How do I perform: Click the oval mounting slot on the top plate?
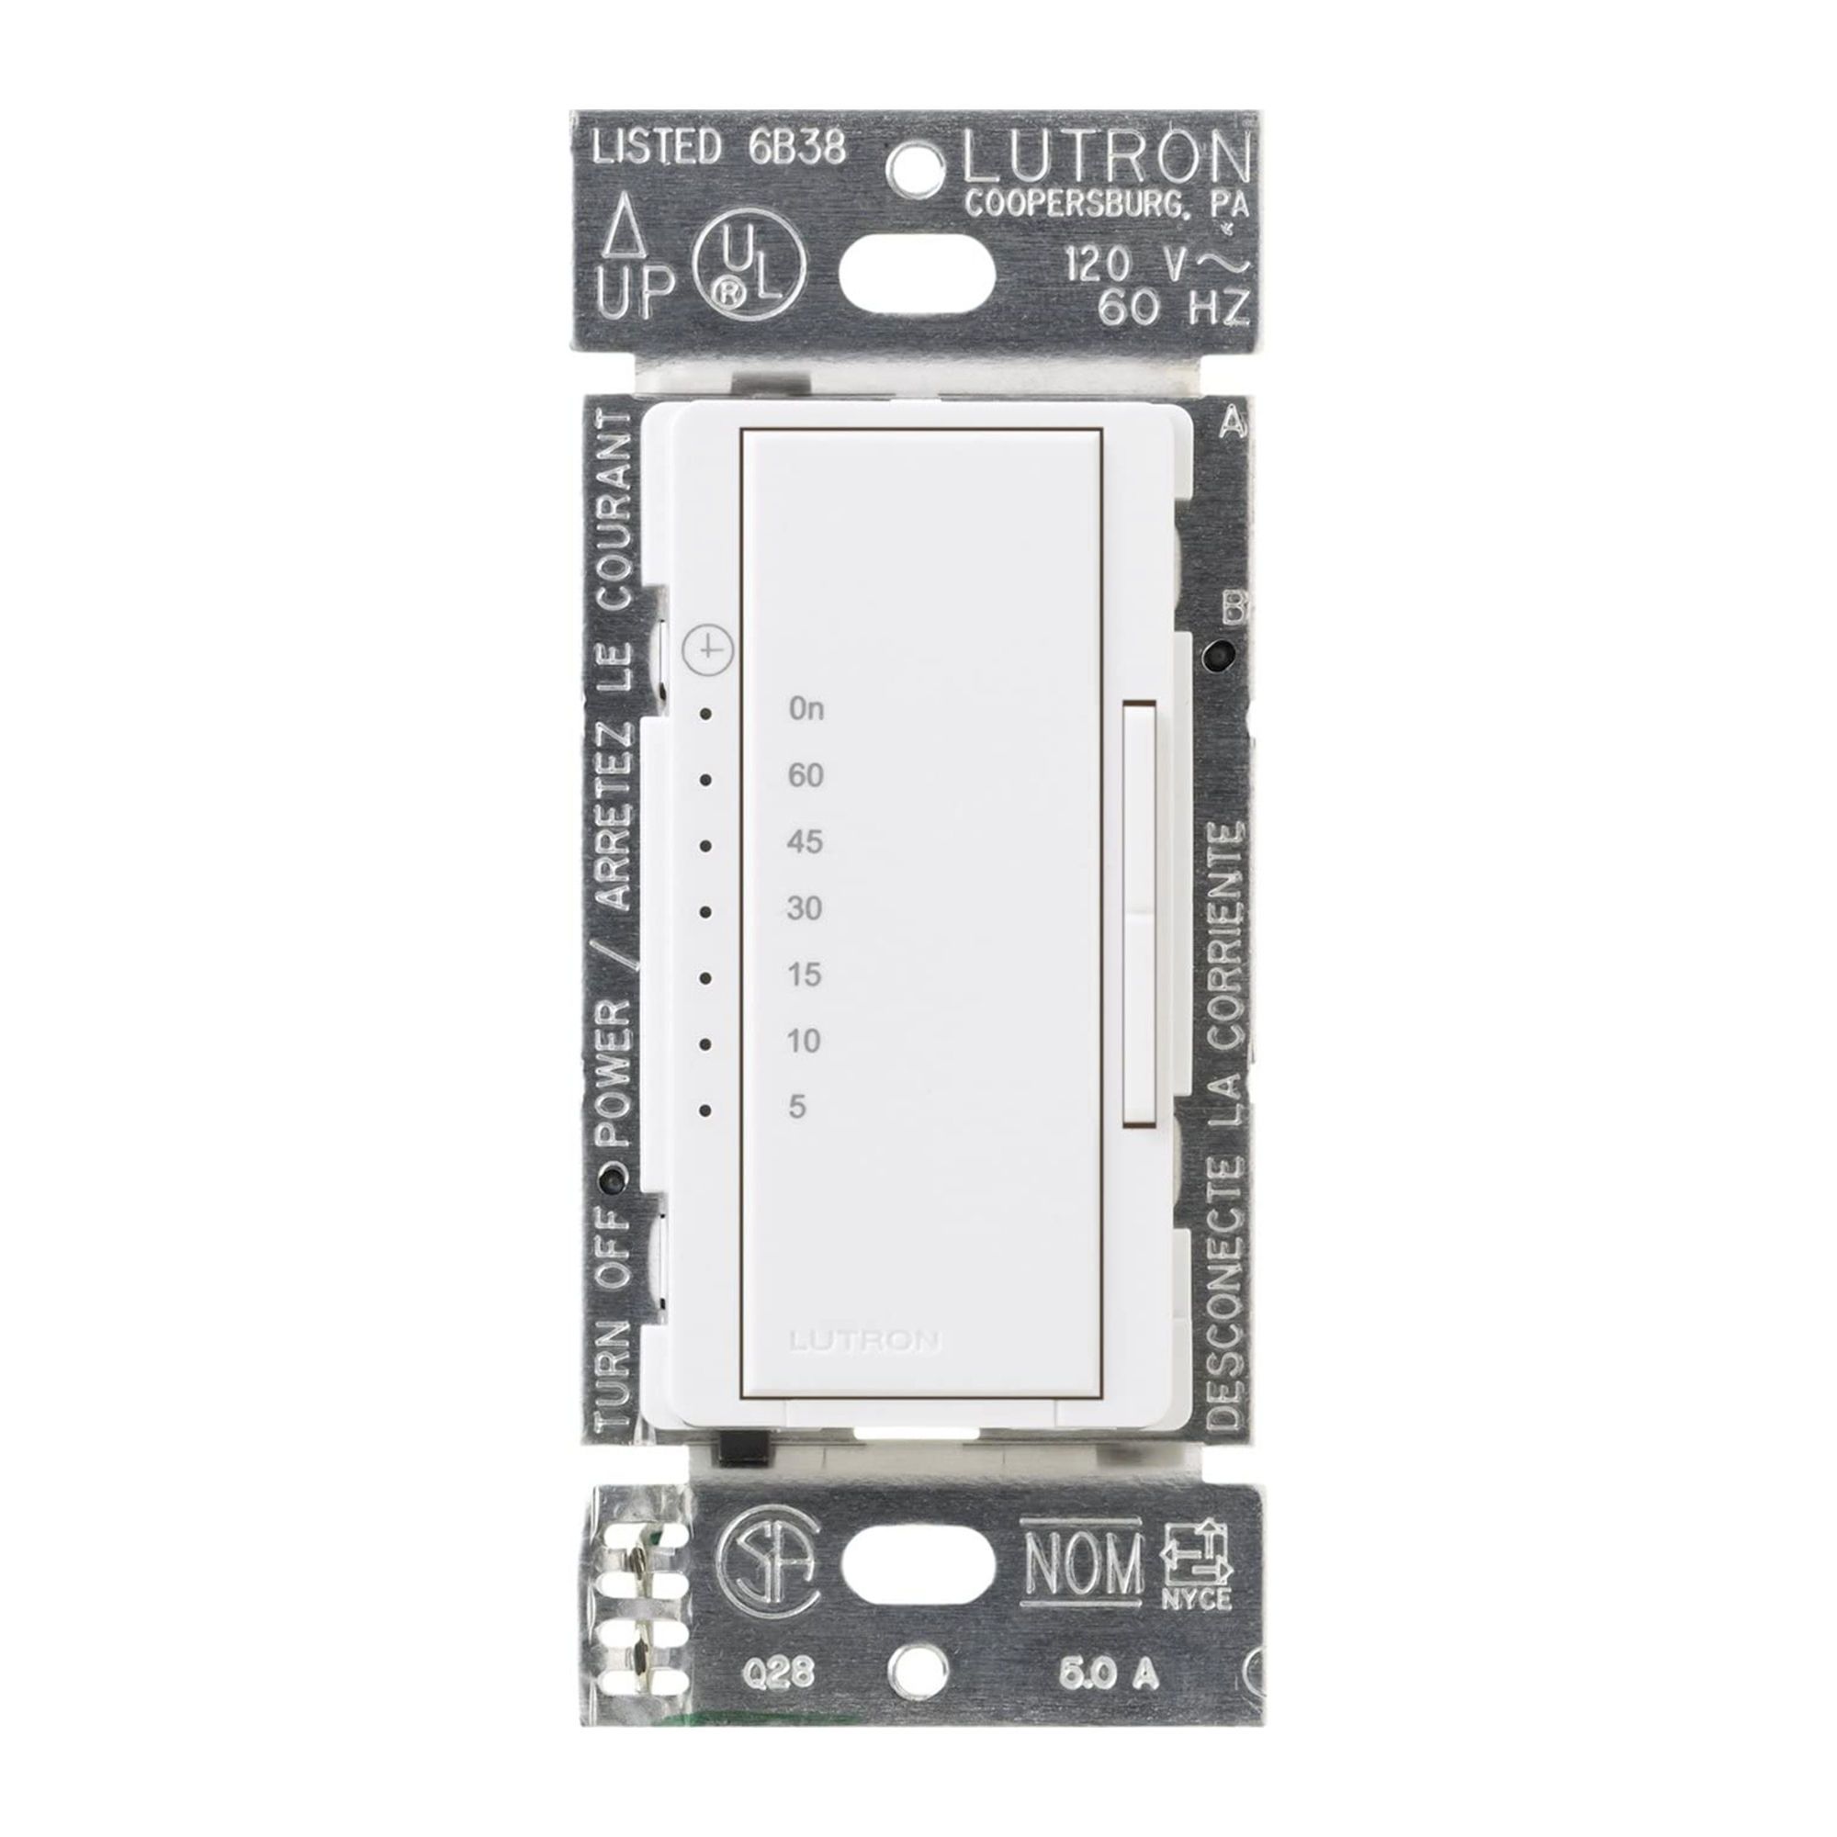[x=918, y=274]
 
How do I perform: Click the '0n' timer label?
[x=806, y=709]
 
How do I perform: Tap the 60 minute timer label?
[x=806, y=776]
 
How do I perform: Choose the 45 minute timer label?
[x=805, y=842]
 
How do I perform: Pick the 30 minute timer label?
[x=805, y=909]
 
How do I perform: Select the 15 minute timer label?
[x=805, y=975]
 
